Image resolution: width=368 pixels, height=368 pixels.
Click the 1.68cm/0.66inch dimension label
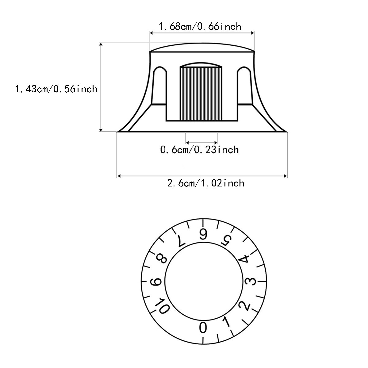(x=200, y=26)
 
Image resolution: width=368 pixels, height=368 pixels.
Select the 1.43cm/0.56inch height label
(x=56, y=89)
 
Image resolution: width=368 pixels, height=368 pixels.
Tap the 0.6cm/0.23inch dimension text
(x=200, y=150)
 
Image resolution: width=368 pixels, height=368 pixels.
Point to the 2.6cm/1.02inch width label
(x=206, y=183)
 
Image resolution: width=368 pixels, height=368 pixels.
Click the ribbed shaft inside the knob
(x=201, y=94)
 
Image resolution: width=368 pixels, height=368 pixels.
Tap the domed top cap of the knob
(x=202, y=47)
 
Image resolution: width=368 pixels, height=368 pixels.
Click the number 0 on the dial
(x=203, y=328)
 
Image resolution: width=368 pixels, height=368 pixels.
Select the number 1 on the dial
(x=227, y=322)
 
